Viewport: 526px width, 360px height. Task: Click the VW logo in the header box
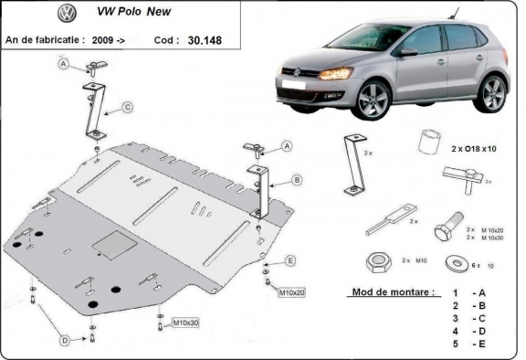[67, 14]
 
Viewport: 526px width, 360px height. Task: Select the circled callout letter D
[65, 341]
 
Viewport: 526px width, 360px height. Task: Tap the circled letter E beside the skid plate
[290, 261]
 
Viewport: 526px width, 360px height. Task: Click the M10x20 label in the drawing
[291, 291]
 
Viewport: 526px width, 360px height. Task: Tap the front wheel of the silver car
[374, 101]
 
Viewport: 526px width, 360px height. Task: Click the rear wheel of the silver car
[493, 93]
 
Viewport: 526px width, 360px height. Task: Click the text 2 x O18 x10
[474, 148]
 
